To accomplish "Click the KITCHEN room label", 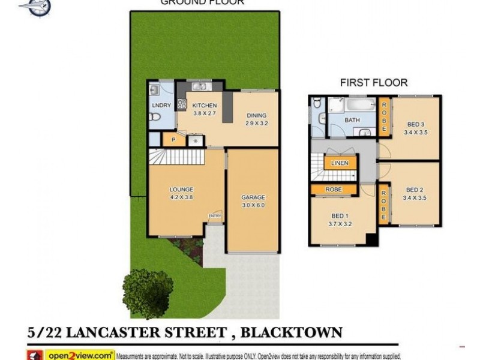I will [x=204, y=106].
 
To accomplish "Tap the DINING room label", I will [x=256, y=115].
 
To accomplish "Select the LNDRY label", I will [x=161, y=106].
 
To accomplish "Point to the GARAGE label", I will [x=253, y=197].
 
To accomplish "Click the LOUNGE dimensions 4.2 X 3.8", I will [x=181, y=197].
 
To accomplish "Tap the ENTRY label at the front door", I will [x=214, y=215].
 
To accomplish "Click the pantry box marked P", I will [x=173, y=139].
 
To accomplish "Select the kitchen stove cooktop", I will [x=182, y=104].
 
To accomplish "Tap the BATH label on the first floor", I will [x=352, y=120].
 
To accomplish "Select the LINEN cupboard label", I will [x=340, y=163].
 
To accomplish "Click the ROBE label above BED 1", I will [x=334, y=189].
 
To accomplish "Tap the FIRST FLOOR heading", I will [x=374, y=83].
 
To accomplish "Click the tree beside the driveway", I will [x=147, y=293].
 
